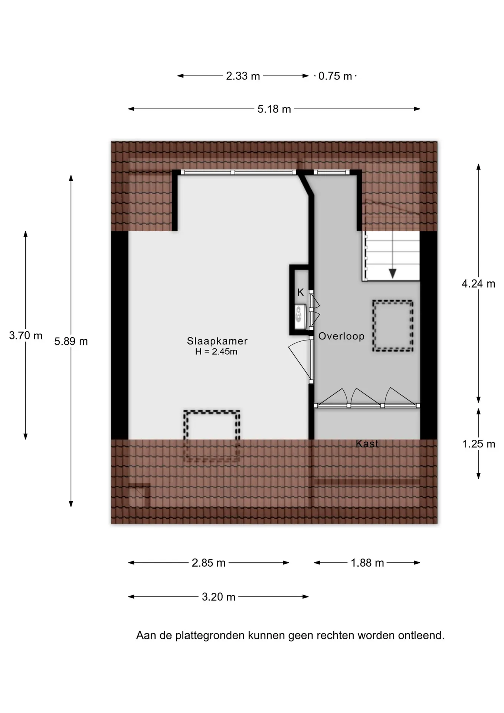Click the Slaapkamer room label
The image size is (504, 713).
pyautogui.click(x=217, y=341)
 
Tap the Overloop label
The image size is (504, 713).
pyautogui.click(x=341, y=336)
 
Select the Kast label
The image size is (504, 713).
pyautogui.click(x=367, y=443)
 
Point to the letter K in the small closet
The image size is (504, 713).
pyautogui.click(x=301, y=293)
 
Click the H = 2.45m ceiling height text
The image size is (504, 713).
pyautogui.click(x=216, y=352)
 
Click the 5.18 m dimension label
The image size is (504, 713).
pyautogui.click(x=274, y=109)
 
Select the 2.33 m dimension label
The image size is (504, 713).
pyautogui.click(x=243, y=76)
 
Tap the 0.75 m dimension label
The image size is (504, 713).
pyautogui.click(x=335, y=76)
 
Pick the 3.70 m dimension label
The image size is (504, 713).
pyautogui.click(x=26, y=336)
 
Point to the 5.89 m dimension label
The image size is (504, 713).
pyautogui.click(x=71, y=342)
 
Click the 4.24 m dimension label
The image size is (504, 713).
pyautogui.click(x=478, y=284)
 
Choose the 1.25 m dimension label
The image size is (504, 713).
pyautogui.click(x=479, y=444)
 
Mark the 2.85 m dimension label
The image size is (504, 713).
pyautogui.click(x=209, y=563)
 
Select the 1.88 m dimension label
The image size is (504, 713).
pyautogui.click(x=367, y=563)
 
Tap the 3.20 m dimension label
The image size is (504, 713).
pyautogui.click(x=219, y=597)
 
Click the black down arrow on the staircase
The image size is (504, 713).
pyautogui.click(x=393, y=273)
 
